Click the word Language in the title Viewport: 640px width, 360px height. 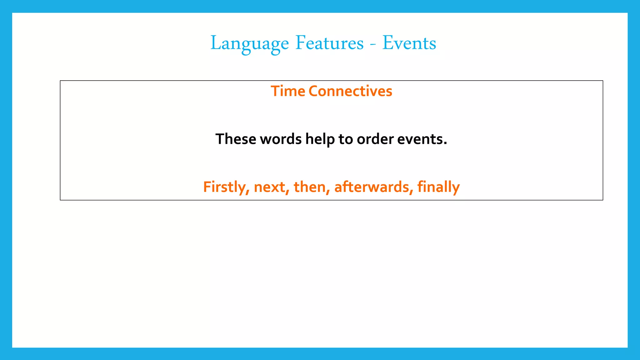click(x=249, y=43)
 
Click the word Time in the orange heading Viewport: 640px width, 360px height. click(x=287, y=91)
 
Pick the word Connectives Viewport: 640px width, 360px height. click(x=350, y=91)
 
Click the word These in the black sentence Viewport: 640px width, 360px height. click(x=236, y=139)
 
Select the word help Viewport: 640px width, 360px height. click(x=320, y=139)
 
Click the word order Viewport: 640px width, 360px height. click(x=375, y=139)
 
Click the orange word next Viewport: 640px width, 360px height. click(x=269, y=187)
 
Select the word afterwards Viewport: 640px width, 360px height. click(x=371, y=187)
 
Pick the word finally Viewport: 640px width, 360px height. click(x=438, y=187)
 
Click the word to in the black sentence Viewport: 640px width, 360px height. click(x=346, y=139)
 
